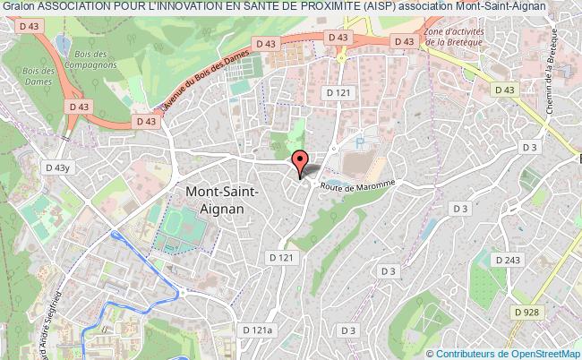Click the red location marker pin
tap(301, 161)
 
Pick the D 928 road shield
tap(528, 311)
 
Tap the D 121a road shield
tap(261, 330)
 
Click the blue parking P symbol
tap(360, 141)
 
